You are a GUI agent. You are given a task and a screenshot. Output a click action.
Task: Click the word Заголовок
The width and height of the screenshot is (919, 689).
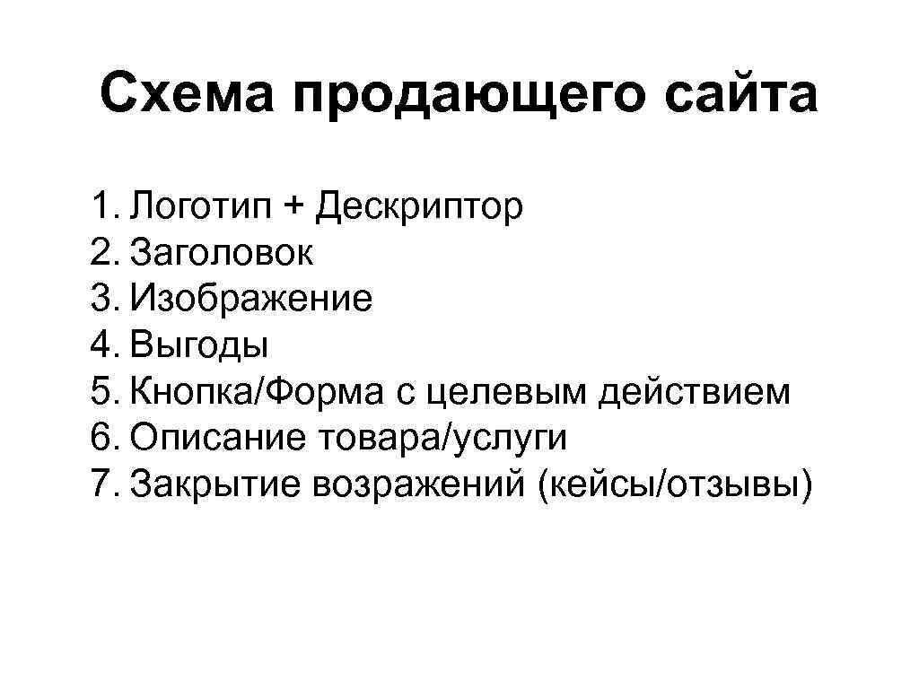point(222,254)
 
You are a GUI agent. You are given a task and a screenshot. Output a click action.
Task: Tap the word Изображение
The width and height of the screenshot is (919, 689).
point(251,300)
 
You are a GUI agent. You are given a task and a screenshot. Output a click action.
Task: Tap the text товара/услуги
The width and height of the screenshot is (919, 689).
point(440,439)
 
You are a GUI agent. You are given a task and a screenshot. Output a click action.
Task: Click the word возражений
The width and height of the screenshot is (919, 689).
point(416,484)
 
